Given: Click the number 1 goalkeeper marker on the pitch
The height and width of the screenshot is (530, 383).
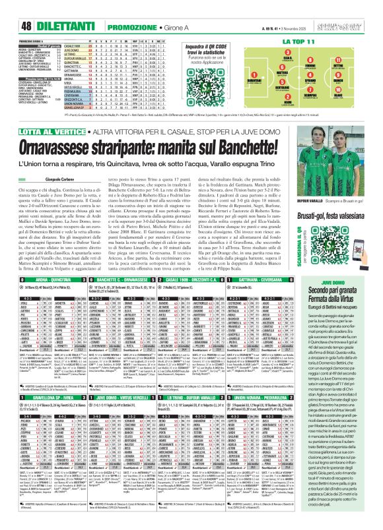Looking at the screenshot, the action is (x=246, y=59).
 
